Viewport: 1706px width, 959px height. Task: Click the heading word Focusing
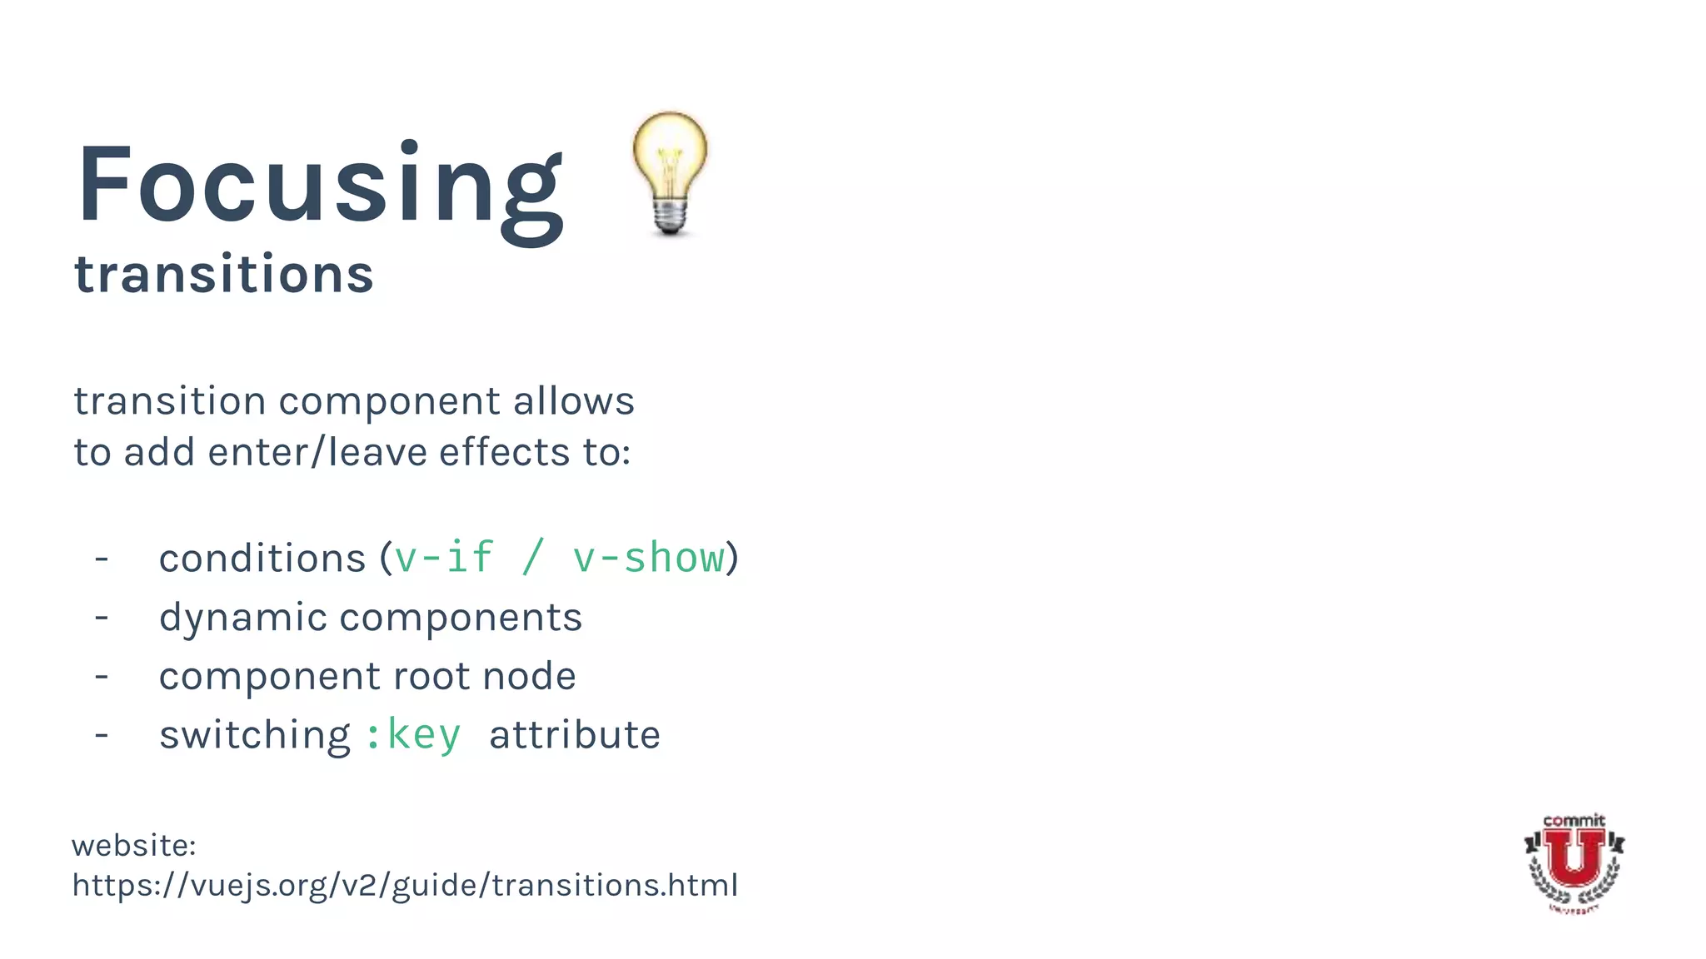(x=321, y=187)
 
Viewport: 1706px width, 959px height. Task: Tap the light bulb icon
(x=670, y=173)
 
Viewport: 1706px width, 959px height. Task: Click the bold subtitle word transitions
(x=223, y=275)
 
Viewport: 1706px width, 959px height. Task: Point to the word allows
(x=573, y=401)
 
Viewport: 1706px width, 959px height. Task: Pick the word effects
(x=504, y=453)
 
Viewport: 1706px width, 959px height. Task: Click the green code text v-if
(x=444, y=557)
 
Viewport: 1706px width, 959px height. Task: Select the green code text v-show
(x=648, y=557)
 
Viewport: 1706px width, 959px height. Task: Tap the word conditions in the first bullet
(x=262, y=559)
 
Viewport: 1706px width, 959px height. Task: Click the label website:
(x=134, y=846)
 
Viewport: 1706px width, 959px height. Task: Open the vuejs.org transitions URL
(x=405, y=885)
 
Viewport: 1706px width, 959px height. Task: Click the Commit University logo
(x=1574, y=862)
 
